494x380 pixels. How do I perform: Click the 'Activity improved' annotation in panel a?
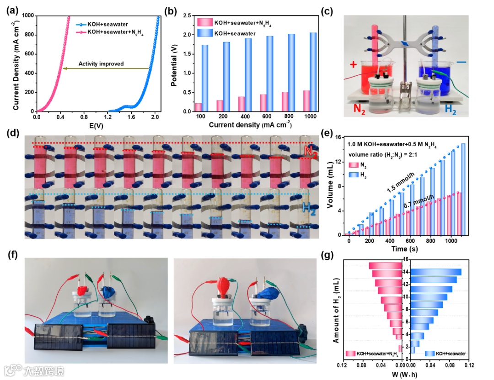coord(101,64)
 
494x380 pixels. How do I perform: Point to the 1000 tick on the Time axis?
coord(451,241)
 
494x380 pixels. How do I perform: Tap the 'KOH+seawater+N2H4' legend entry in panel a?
coord(115,32)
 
